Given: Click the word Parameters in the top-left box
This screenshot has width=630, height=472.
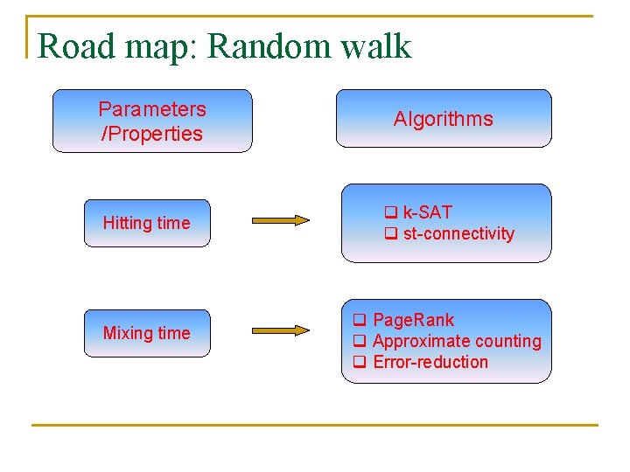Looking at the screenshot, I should [152, 109].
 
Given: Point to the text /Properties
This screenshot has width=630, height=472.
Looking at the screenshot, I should [152, 134].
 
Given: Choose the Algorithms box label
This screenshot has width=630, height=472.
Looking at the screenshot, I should [443, 119].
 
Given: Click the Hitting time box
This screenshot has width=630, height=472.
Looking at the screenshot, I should [146, 223].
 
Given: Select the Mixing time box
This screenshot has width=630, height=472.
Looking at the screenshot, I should [146, 333].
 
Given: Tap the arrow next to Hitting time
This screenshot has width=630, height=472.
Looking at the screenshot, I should [280, 220].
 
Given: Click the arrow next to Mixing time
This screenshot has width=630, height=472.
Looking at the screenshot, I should [280, 330].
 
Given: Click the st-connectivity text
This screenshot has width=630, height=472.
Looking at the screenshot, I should [458, 233].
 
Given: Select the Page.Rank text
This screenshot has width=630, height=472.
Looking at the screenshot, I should [413, 320].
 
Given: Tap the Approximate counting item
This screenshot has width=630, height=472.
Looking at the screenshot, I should [457, 341].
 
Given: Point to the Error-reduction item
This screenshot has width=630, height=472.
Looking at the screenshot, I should [430, 362].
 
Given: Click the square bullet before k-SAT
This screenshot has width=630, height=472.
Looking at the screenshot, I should [390, 212].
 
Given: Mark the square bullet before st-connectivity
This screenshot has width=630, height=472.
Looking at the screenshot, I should [390, 233].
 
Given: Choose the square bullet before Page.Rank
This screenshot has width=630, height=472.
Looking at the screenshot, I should [359, 320].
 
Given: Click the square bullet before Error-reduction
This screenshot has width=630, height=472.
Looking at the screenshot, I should [359, 362].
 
